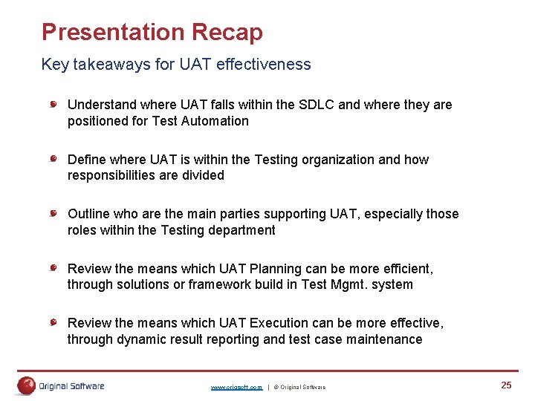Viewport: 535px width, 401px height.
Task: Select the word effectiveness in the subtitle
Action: click(264, 65)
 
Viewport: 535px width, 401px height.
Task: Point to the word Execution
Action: click(282, 323)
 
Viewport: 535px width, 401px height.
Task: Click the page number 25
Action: click(506, 385)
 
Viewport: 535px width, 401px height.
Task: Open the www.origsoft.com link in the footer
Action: click(236, 387)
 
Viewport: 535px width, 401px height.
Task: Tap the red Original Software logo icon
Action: click(27, 385)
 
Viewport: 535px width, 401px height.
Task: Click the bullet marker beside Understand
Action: click(54, 105)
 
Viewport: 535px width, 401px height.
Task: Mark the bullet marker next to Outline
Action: click(54, 214)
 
